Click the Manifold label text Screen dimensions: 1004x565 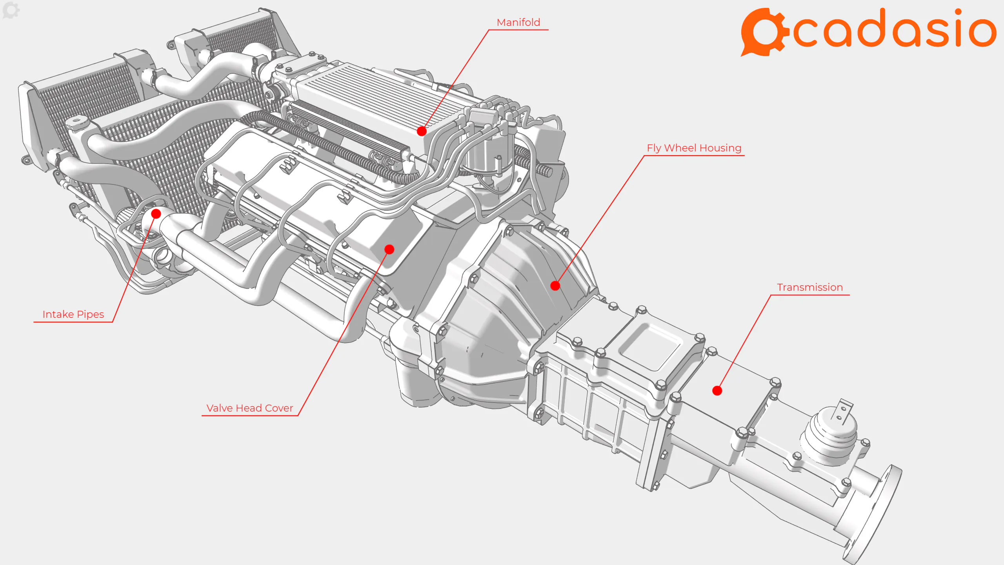coord(518,22)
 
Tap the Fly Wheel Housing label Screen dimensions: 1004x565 coord(694,148)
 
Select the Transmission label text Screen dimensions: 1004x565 coord(810,287)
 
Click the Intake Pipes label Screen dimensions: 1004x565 coord(73,314)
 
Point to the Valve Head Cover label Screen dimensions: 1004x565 coord(249,408)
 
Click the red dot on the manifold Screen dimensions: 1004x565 coord(422,131)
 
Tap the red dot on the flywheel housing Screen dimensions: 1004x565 coord(555,286)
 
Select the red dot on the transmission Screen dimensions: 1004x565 coord(717,390)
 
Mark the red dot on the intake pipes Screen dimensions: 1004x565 coord(156,213)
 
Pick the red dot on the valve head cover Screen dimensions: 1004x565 coord(389,249)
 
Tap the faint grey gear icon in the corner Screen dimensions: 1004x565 coord(11,10)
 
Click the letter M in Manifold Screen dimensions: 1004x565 coord(501,22)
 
